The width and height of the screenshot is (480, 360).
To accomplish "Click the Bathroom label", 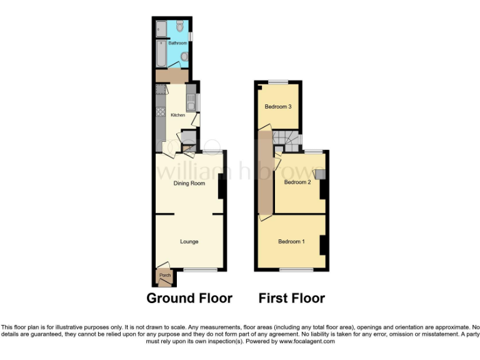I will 169,43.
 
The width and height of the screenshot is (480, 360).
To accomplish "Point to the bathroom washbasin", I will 183,57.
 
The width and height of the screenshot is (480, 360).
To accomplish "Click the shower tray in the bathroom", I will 160,28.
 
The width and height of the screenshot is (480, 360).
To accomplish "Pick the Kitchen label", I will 169,114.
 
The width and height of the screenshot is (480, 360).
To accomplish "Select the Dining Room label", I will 189,183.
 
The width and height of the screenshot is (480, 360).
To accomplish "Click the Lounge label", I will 189,241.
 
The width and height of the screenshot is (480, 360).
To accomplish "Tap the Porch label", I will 165,275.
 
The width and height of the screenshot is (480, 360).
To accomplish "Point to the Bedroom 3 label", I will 278,106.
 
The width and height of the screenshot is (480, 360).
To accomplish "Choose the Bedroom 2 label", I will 297,182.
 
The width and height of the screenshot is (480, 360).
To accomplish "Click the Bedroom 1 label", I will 291,241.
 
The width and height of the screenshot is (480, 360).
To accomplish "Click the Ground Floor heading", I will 189,298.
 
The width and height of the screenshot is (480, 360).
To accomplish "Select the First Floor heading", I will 292,298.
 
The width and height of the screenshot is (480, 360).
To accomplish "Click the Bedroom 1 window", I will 296,270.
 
